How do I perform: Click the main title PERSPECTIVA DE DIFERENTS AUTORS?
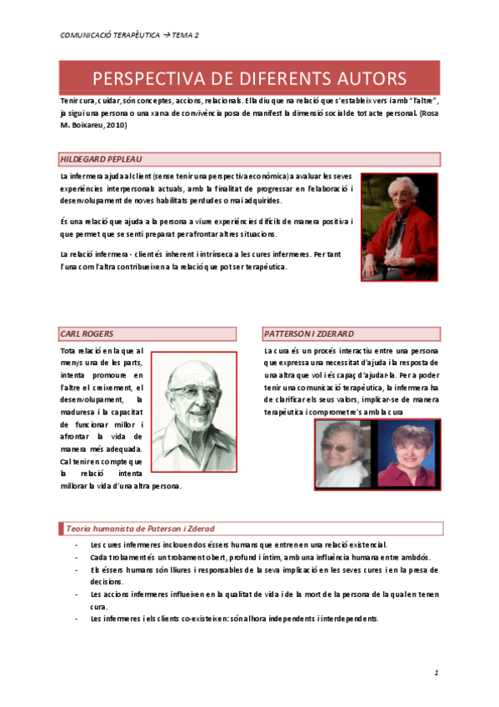[x=249, y=78]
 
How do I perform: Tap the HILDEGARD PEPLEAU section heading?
[x=96, y=158]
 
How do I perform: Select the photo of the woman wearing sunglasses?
[x=342, y=454]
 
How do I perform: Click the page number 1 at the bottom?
[x=436, y=672]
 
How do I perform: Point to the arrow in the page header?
[x=166, y=35]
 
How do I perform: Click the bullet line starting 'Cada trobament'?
[x=259, y=556]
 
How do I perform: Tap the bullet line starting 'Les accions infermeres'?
[x=265, y=594]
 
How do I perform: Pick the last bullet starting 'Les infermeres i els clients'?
[x=234, y=619]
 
